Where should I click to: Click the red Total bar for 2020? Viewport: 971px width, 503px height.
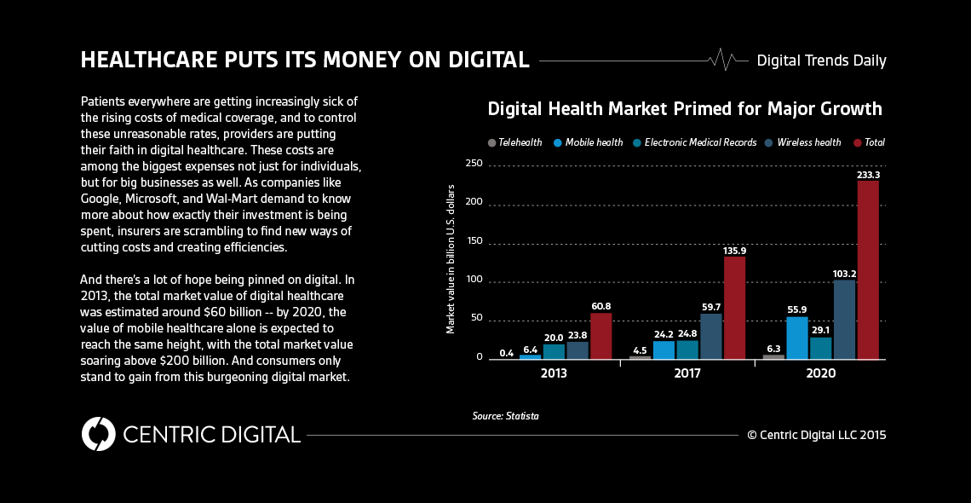[868, 269]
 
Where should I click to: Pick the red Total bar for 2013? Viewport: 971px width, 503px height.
[601, 336]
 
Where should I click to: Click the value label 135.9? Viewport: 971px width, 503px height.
[734, 251]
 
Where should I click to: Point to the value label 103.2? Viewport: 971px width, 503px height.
[844, 274]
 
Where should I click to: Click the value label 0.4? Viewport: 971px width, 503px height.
[506, 353]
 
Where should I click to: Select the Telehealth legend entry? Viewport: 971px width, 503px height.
[514, 142]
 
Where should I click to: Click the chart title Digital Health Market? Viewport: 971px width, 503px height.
[684, 109]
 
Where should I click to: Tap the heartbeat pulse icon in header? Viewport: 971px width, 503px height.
[723, 61]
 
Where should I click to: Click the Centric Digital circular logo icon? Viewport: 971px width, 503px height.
[98, 434]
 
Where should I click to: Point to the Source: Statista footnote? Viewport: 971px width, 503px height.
[505, 416]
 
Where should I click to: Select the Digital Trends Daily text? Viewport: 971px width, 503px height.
[821, 61]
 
